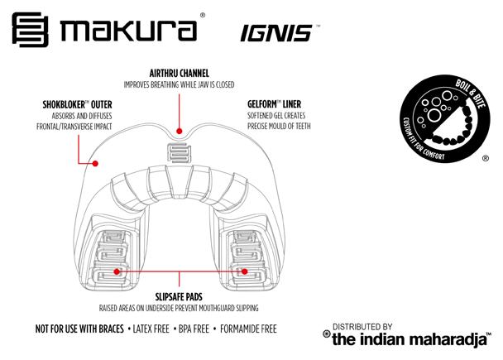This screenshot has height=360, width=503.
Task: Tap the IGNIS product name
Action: [x=264, y=33]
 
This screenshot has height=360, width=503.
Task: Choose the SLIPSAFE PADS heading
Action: [x=179, y=295]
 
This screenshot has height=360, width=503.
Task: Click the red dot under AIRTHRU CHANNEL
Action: [x=179, y=129]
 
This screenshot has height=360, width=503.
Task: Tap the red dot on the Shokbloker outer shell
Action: [x=95, y=163]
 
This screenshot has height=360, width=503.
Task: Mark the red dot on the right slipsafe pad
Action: [x=245, y=270]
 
